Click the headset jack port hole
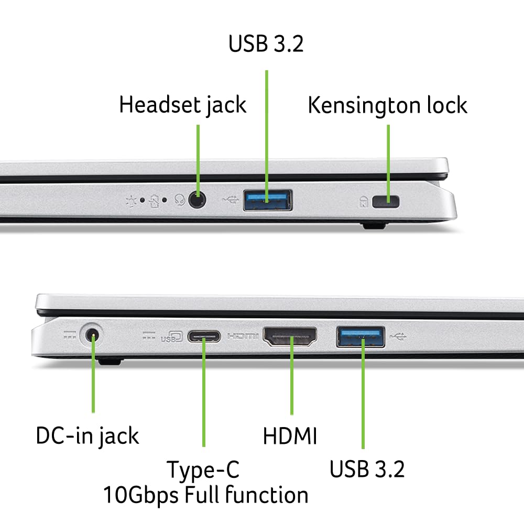tap(198, 200)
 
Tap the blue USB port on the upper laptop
tap(267, 200)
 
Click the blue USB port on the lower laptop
tap(361, 336)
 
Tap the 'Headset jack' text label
tap(182, 104)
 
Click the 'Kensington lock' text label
tap(387, 105)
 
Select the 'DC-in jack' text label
tap(88, 435)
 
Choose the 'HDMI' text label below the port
tap(290, 436)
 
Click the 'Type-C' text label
tap(203, 469)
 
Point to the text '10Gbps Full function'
tap(205, 495)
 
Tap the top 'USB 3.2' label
tap(266, 44)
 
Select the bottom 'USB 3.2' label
tap(367, 469)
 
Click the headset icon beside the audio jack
tap(180, 200)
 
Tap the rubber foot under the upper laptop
tap(373, 225)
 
